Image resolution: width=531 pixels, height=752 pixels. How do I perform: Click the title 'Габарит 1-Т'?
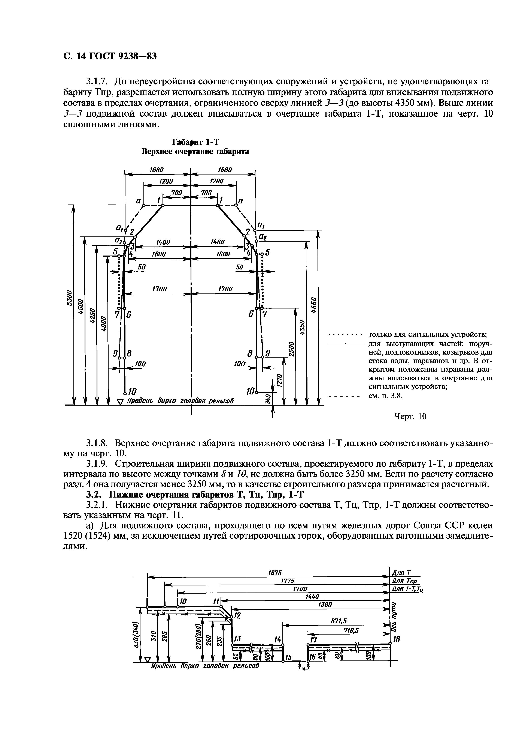tap(195, 142)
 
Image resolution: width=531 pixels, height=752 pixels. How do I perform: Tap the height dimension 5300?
tap(69, 298)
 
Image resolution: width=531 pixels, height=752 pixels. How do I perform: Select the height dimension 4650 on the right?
tap(314, 305)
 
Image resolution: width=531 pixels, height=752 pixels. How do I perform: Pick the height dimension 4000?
tap(103, 324)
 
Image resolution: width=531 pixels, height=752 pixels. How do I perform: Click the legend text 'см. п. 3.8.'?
tap(385, 396)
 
